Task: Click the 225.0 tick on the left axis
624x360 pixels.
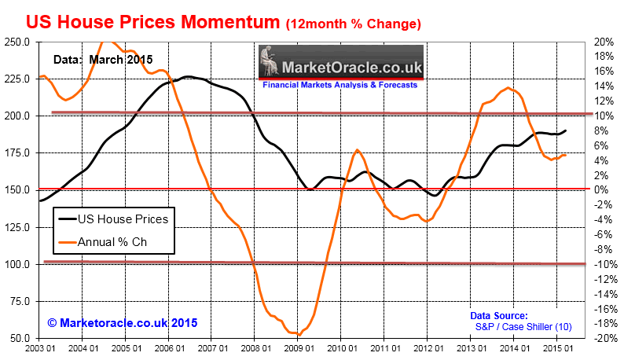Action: (17, 79)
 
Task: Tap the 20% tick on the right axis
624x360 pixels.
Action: (603, 42)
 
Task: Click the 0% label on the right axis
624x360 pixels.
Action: (600, 189)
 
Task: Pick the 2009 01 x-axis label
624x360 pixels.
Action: (297, 348)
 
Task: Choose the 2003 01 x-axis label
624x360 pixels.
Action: (39, 348)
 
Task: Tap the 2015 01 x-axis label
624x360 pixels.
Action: (556, 348)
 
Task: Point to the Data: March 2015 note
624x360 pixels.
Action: (102, 59)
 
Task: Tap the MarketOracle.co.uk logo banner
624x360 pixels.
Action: (342, 62)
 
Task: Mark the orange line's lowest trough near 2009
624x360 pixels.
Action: (299, 335)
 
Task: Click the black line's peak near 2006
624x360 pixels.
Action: (188, 76)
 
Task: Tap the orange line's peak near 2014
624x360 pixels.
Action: (508, 88)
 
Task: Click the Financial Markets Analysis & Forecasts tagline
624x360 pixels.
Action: (340, 84)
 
